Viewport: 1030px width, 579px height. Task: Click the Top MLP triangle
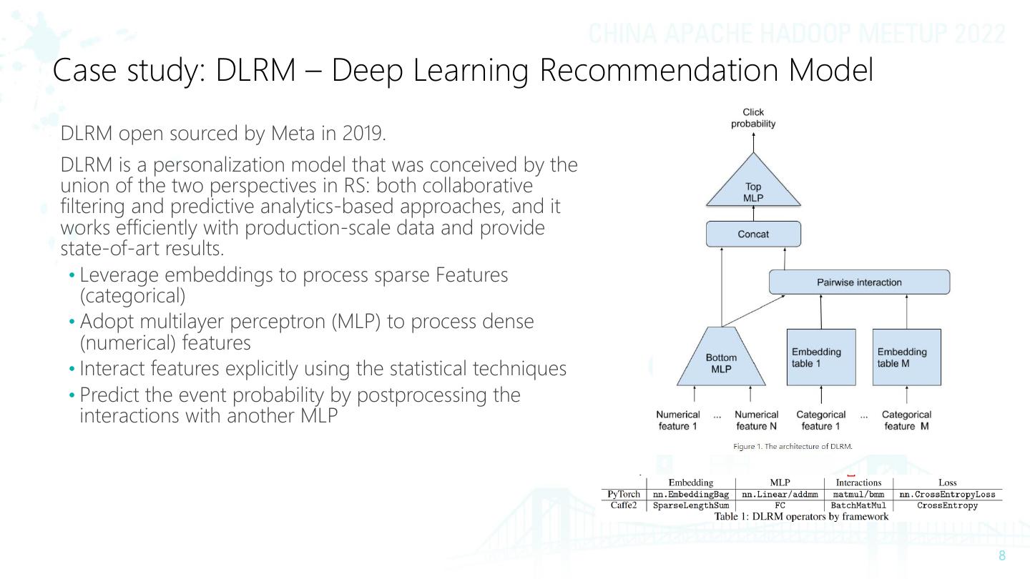(753, 192)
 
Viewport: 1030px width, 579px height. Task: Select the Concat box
(753, 234)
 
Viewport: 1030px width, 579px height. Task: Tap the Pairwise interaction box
(859, 282)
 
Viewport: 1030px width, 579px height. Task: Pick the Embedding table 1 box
(820, 357)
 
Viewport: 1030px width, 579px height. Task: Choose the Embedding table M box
(906, 357)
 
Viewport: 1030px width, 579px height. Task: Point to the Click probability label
(753, 118)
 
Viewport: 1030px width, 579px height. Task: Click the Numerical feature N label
(756, 420)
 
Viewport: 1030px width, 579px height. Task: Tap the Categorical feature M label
(906, 420)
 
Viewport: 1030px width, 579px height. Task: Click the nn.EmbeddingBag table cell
(691, 495)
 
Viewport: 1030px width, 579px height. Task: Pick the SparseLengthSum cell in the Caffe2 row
(691, 505)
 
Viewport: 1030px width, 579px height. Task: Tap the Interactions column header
(858, 483)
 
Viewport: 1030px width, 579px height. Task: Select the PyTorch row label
(623, 495)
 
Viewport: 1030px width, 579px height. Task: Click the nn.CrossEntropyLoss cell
(947, 495)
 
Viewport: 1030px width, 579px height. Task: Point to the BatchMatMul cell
(858, 505)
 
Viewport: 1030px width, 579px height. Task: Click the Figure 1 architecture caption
(793, 447)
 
